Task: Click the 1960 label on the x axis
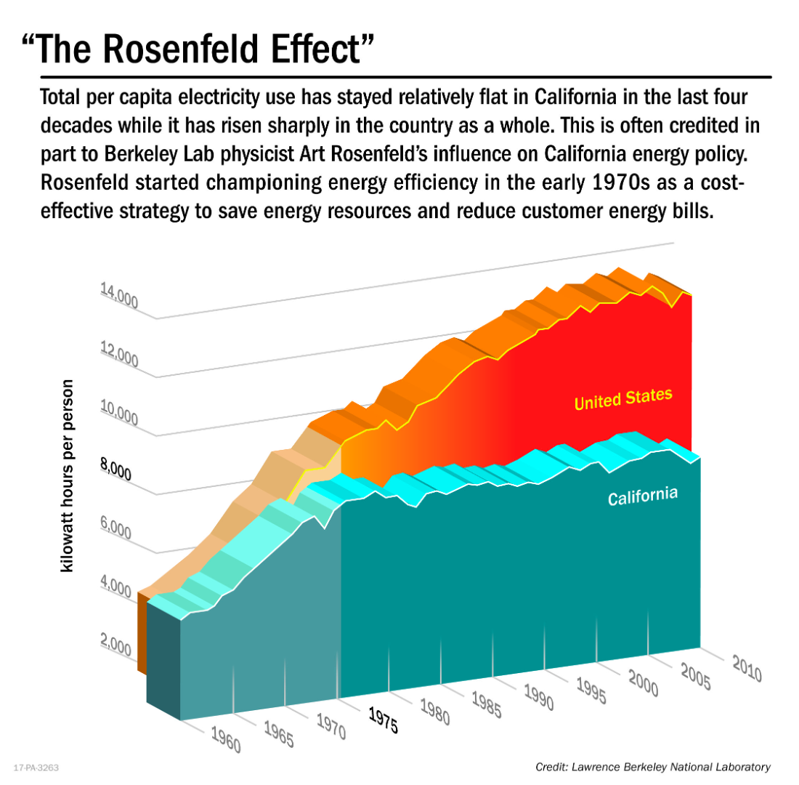point(226,738)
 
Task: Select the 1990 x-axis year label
point(539,696)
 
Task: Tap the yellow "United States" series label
point(623,398)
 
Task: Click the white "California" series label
point(643,496)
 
